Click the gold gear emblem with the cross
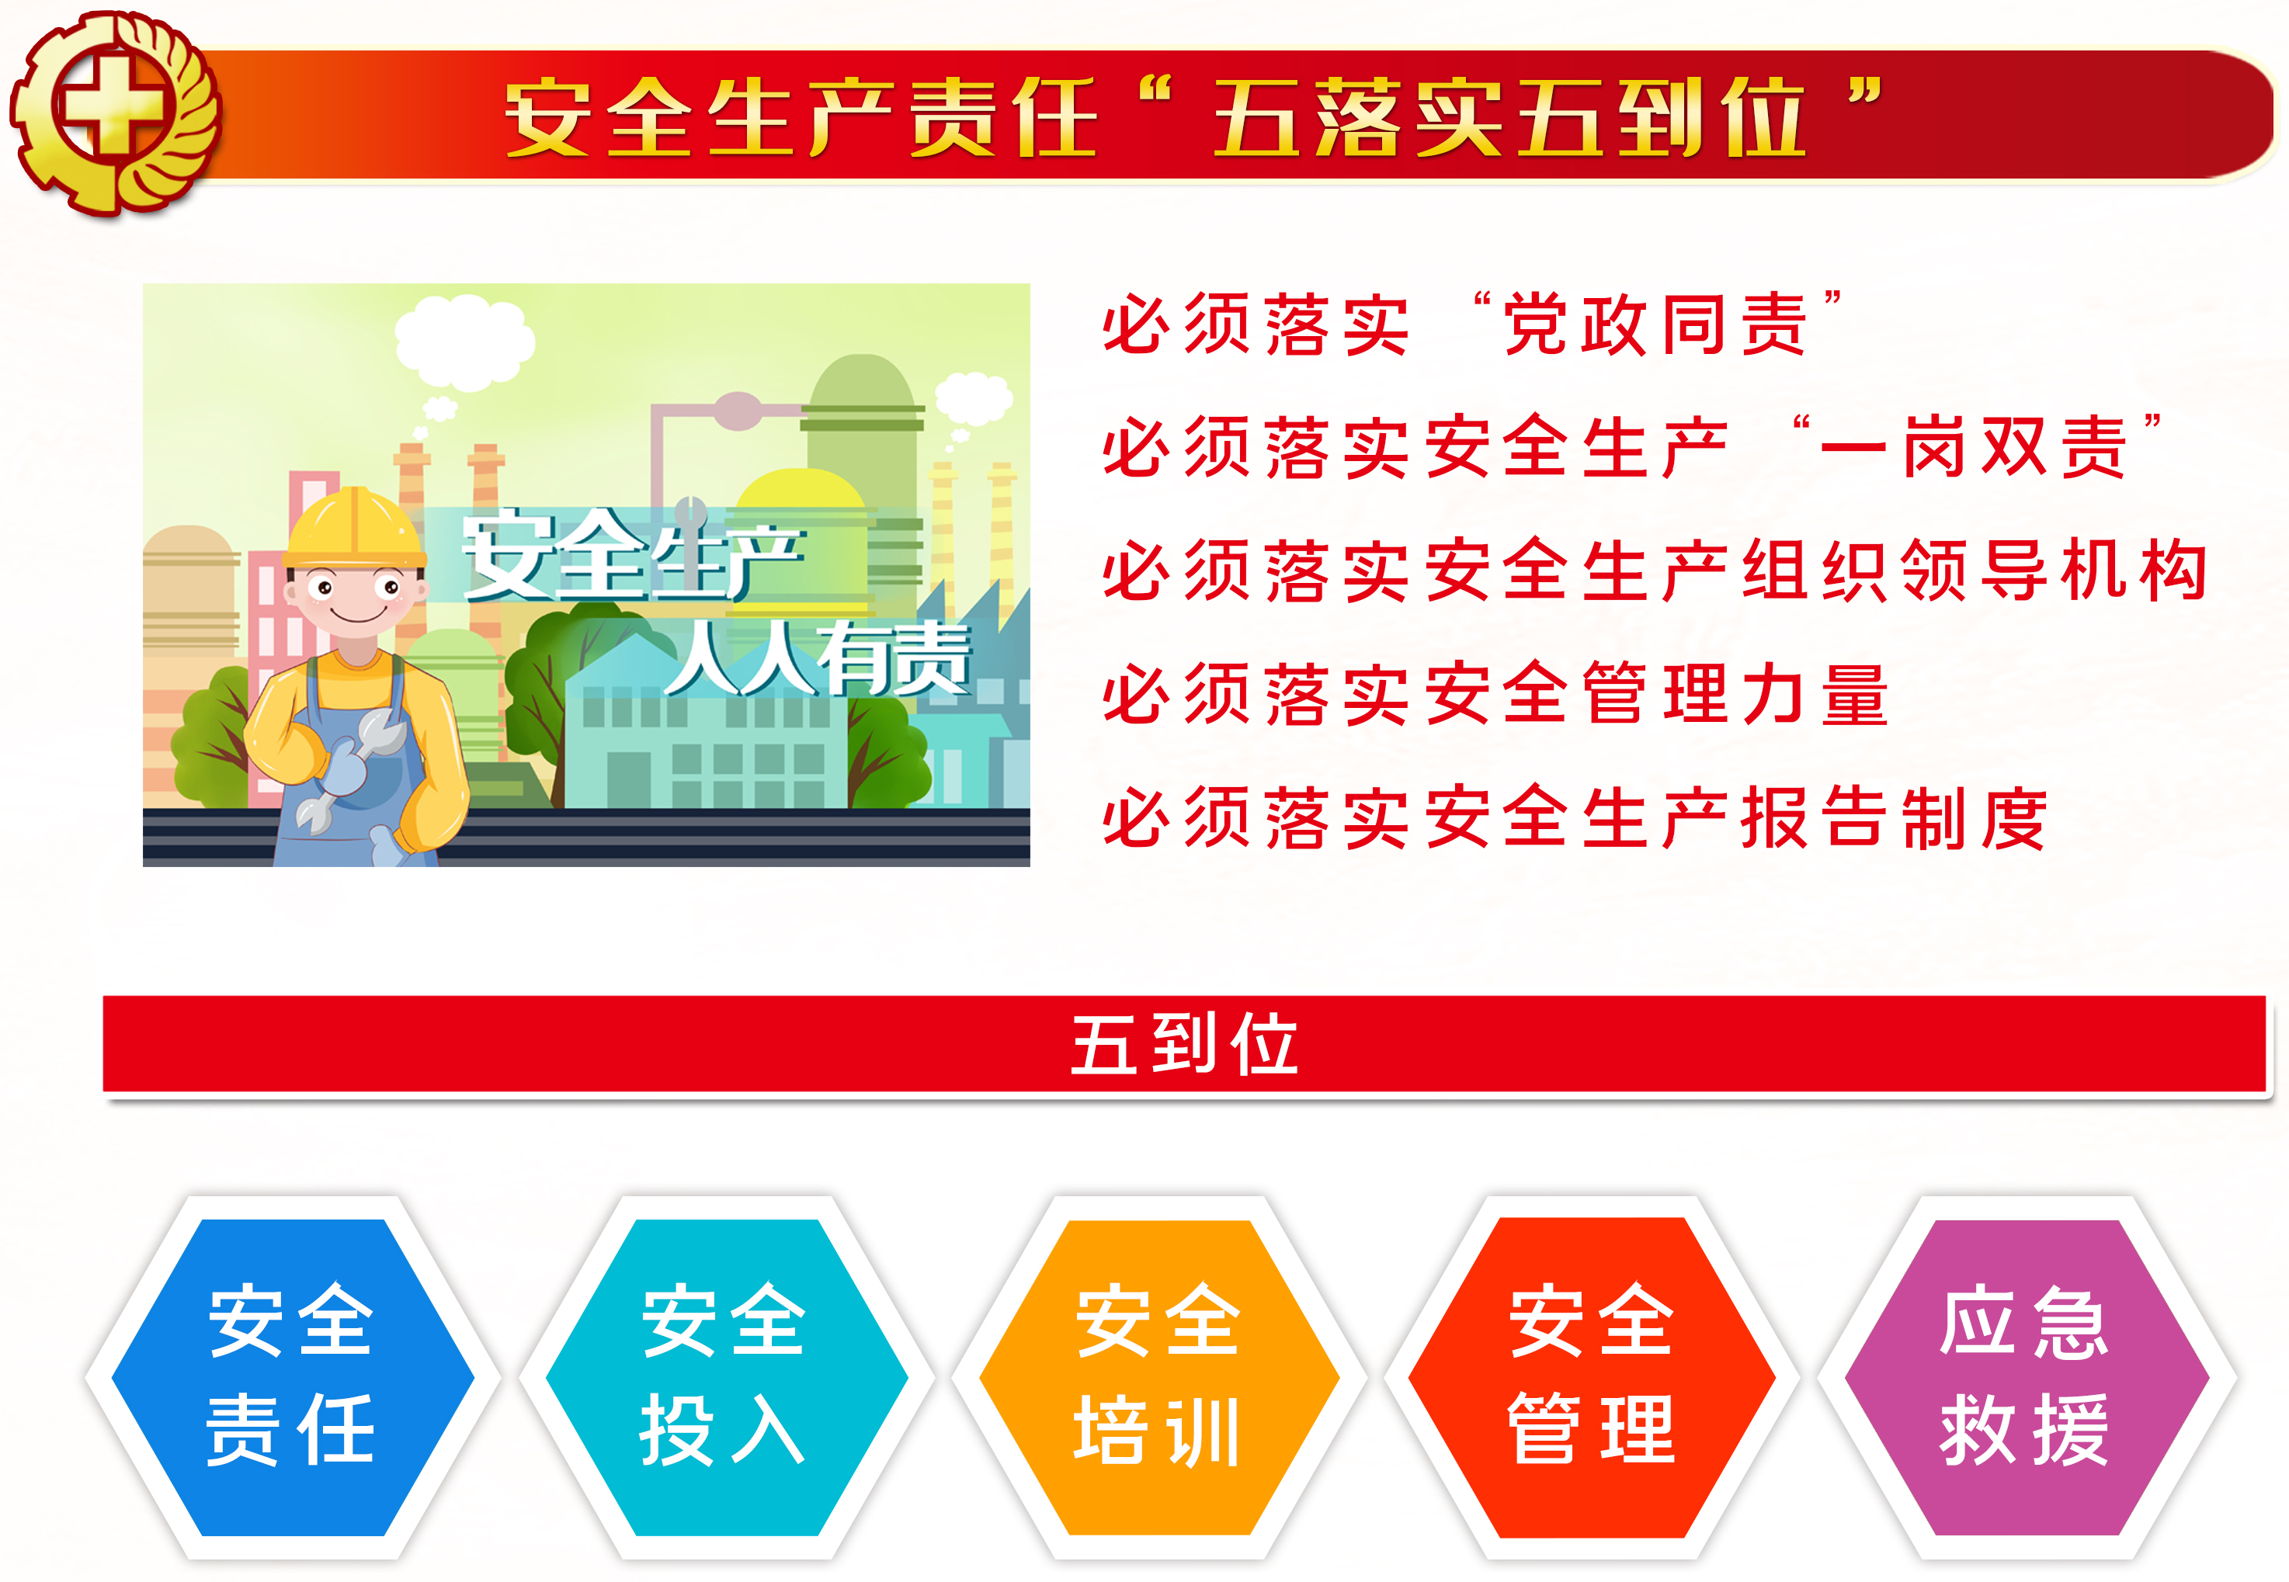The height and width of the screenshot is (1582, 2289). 114,112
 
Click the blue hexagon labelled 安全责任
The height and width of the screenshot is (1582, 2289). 293,1377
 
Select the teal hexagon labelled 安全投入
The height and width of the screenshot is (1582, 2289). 727,1377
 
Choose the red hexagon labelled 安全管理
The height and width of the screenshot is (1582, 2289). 1591,1377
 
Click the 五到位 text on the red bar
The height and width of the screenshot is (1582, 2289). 1185,1045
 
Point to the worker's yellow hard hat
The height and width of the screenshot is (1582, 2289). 354,529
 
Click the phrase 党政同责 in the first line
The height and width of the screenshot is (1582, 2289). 1655,325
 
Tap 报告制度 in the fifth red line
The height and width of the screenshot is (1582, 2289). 1895,817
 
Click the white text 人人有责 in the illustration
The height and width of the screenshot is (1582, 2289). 819,658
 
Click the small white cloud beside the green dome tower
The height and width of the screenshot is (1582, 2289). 974,398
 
